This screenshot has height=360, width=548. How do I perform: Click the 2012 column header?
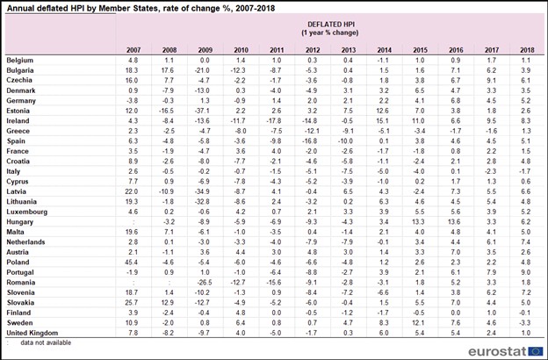pos(313,50)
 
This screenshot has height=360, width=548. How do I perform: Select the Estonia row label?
pos(18,111)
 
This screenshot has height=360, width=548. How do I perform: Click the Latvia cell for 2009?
pos(203,191)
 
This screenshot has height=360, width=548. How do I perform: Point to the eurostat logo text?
pos(497,351)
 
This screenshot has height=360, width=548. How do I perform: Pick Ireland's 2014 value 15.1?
pos(383,121)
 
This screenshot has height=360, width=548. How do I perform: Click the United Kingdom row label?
pos(32,333)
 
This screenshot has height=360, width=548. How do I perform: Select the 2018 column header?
pos(527,50)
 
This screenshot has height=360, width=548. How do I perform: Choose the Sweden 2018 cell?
pos(525,323)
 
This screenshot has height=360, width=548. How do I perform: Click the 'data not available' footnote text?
pos(46,342)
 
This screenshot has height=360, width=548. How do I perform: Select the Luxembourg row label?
pos(27,212)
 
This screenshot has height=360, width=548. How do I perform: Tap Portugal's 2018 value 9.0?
pos(526,272)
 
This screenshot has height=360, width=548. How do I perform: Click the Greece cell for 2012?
pos(311,131)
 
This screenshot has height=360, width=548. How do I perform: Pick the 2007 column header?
pos(133,50)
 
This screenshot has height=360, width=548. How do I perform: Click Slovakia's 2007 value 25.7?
pos(132,303)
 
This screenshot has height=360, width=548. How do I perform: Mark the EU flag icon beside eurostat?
pos(536,351)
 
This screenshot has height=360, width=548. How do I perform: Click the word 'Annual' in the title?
pos(19,9)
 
